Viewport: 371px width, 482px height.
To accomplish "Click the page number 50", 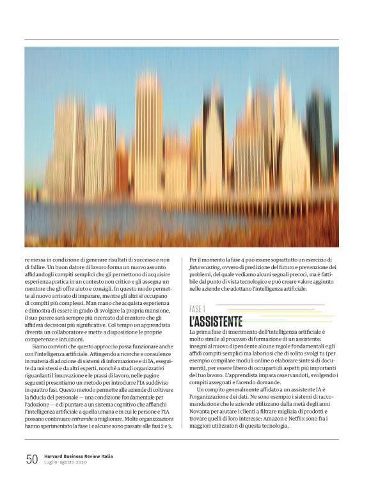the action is pyautogui.click(x=31, y=459).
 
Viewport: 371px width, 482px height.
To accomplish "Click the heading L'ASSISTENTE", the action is pyautogui.click(x=216, y=321).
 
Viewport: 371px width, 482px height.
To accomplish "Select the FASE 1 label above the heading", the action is pyautogui.click(x=198, y=308).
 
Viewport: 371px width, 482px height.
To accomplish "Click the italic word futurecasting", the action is pyautogui.click(x=209, y=267).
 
